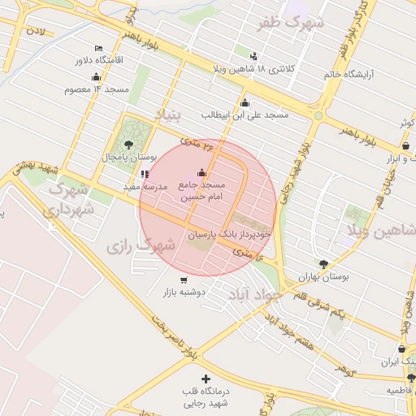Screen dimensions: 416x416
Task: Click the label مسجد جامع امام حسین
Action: pos(201,192)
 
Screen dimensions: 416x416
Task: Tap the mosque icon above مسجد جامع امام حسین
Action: pos(201,173)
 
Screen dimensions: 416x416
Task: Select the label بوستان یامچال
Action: pos(128,156)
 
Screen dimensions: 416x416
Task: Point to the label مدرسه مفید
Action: pos(145,186)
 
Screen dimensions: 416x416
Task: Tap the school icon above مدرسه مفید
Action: pos(145,173)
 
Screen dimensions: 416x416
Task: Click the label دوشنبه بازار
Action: pos(184,291)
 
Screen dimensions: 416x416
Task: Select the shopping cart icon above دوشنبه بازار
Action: pos(184,279)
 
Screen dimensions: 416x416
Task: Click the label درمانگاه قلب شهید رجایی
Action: pos(206,397)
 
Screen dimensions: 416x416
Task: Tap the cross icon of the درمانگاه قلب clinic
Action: pos(206,379)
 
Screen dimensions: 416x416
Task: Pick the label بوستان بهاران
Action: pos(323,277)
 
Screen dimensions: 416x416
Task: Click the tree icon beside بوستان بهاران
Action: pos(324,264)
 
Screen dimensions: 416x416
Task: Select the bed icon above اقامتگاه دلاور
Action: pos(98,49)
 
